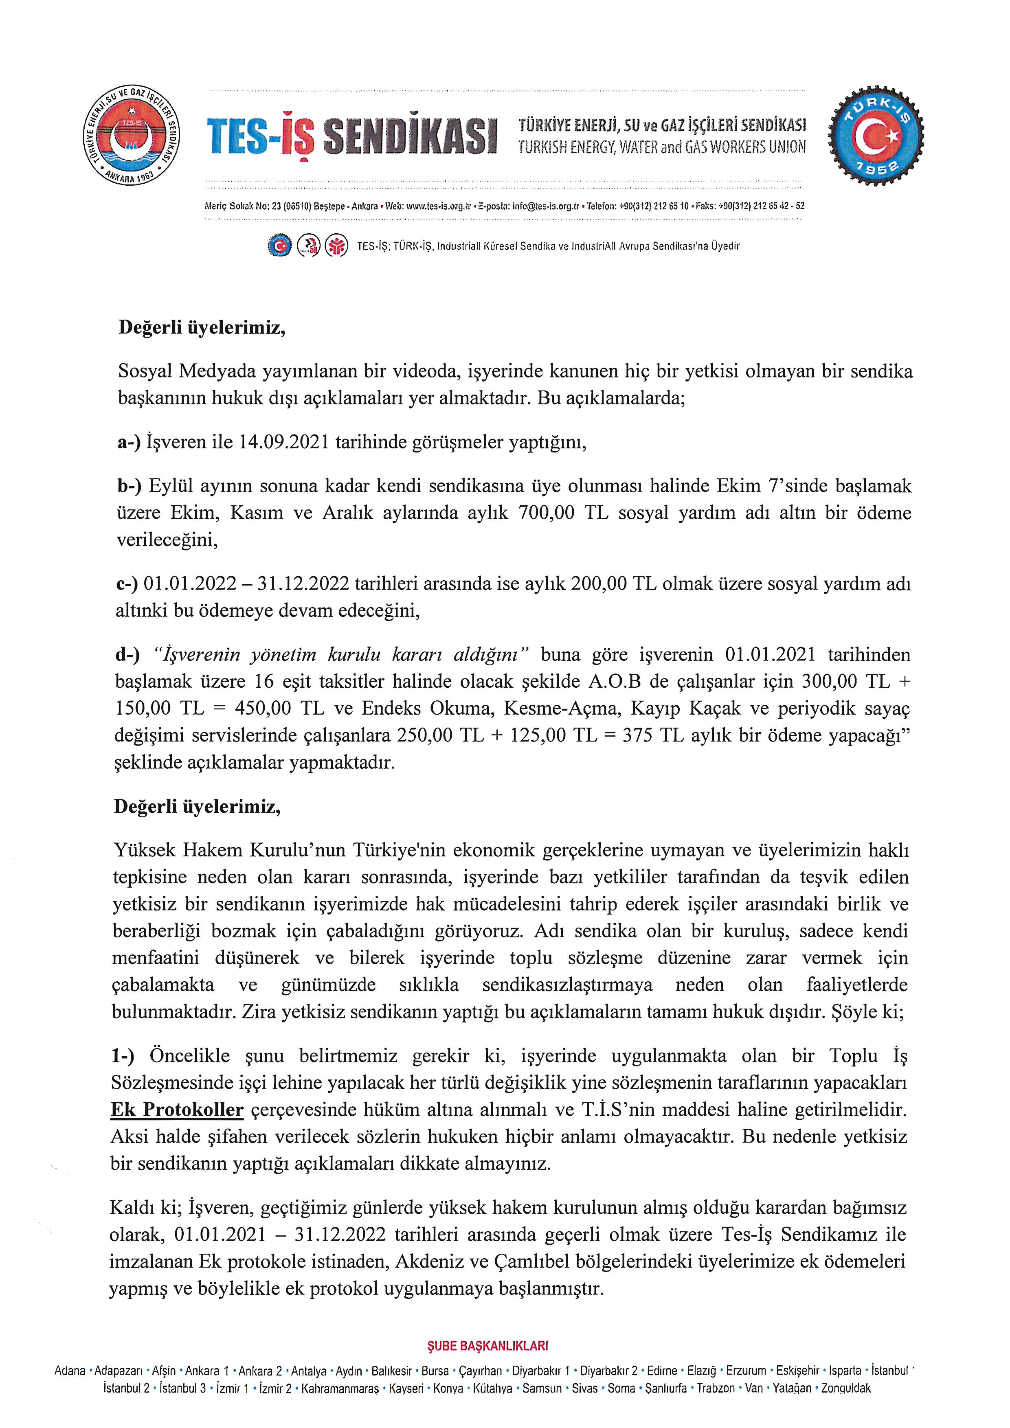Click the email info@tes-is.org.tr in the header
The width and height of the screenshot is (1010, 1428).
545,206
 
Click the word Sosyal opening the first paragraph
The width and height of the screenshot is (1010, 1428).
146,371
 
